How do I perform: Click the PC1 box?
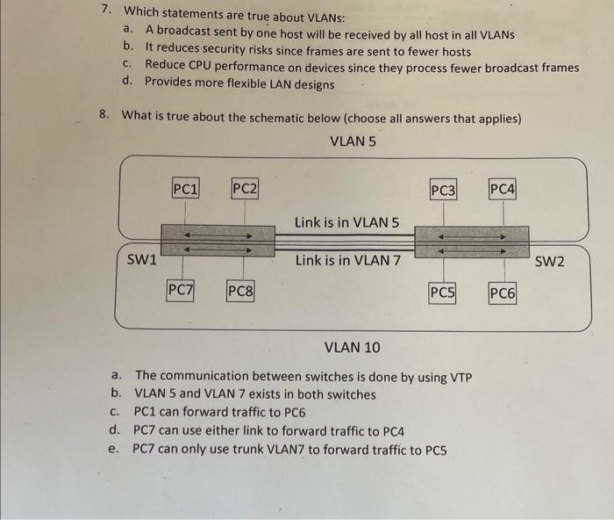click(x=185, y=187)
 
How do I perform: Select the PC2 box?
click(x=245, y=187)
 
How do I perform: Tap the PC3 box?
click(x=444, y=189)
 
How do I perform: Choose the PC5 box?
click(x=442, y=292)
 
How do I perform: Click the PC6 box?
click(x=502, y=293)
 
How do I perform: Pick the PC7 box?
click(x=181, y=289)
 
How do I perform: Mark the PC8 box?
click(x=239, y=290)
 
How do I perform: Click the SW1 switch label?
click(x=142, y=259)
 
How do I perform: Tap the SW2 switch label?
click(x=550, y=261)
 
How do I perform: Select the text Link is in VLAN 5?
click(x=346, y=222)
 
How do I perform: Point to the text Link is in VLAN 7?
click(x=347, y=260)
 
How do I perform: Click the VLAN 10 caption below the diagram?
click(x=353, y=347)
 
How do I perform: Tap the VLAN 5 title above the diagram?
click(x=353, y=141)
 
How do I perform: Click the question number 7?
click(x=105, y=11)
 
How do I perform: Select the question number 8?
click(x=104, y=115)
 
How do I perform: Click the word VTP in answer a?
click(x=460, y=378)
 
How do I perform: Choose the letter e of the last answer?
click(x=112, y=449)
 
